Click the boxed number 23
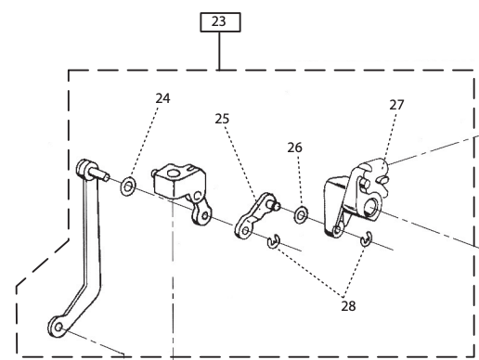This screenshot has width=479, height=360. pos(219,21)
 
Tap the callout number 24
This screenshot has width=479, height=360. pos(162,98)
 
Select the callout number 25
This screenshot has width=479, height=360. pos(222,119)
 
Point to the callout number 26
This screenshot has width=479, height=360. pos(294,148)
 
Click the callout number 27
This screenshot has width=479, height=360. pos(396,105)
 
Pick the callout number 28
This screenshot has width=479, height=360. pos(348,306)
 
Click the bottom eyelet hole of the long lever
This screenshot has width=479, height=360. pos(58,328)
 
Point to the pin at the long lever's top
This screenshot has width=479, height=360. pos(99,174)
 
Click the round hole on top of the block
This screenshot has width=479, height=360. pos(173,174)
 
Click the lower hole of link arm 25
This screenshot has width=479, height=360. pos(245,230)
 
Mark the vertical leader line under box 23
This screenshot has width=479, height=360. pos(219,51)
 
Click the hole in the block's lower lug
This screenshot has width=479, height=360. pos(204,215)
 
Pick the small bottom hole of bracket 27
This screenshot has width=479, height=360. pos(337,229)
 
